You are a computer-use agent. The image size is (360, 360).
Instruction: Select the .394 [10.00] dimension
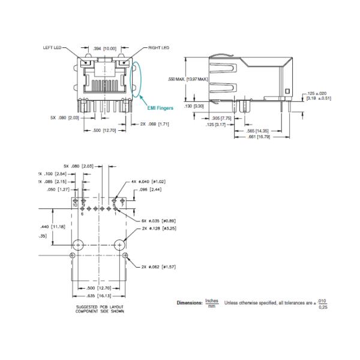[104, 47]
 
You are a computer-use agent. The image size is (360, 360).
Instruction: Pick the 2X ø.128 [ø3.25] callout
[154, 229]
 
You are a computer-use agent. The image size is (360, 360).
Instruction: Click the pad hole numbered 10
[76, 200]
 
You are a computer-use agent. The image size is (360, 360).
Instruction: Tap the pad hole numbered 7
[122, 200]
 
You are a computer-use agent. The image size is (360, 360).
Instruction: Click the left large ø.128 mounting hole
[78, 244]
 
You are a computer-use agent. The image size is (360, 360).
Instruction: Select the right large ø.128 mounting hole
[119, 244]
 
